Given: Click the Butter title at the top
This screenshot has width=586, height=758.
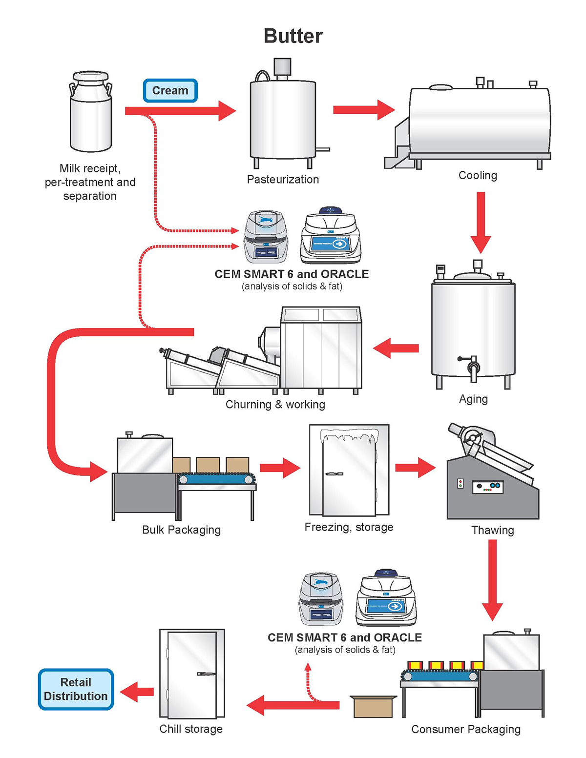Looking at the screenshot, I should [x=293, y=36].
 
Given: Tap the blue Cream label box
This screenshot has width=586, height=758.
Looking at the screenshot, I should [x=170, y=91].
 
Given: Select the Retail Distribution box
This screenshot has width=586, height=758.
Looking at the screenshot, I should [x=76, y=689].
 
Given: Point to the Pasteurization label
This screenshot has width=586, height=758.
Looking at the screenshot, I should [x=283, y=180].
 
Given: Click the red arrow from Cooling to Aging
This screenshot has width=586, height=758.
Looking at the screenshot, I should [x=481, y=222].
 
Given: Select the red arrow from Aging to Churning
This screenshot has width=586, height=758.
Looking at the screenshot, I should [x=396, y=348].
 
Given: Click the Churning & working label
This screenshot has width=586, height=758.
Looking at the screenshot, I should [x=275, y=405].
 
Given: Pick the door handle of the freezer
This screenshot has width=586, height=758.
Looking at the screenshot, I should [x=334, y=474].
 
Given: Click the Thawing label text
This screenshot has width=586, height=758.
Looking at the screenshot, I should [x=492, y=530].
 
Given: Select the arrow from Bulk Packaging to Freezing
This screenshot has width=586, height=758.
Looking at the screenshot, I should [x=280, y=468].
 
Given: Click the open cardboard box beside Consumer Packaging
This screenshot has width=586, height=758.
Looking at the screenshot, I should [x=373, y=706].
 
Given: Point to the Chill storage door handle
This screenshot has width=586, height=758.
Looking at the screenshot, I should [x=206, y=674].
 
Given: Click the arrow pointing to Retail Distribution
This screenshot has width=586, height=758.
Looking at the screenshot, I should [x=137, y=692].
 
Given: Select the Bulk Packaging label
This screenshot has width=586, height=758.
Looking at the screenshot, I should [x=181, y=530].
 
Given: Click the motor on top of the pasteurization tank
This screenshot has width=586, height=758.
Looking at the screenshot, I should [x=282, y=68].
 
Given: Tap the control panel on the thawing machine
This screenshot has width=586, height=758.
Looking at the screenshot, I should [x=487, y=487].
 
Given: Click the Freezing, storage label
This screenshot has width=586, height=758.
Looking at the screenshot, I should [x=349, y=527].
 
